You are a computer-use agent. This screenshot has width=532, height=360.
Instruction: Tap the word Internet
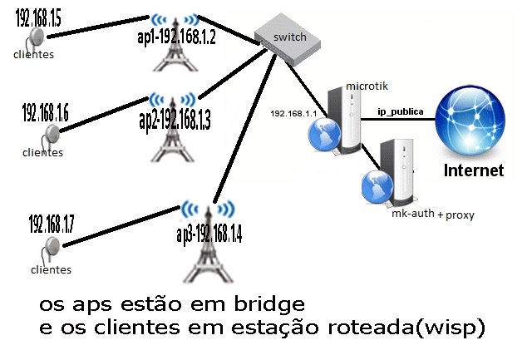point(474,171)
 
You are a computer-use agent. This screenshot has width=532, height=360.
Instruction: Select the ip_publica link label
point(401,111)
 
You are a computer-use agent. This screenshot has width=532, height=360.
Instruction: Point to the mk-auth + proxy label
point(432,215)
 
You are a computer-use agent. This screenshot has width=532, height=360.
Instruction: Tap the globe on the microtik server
point(325,134)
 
